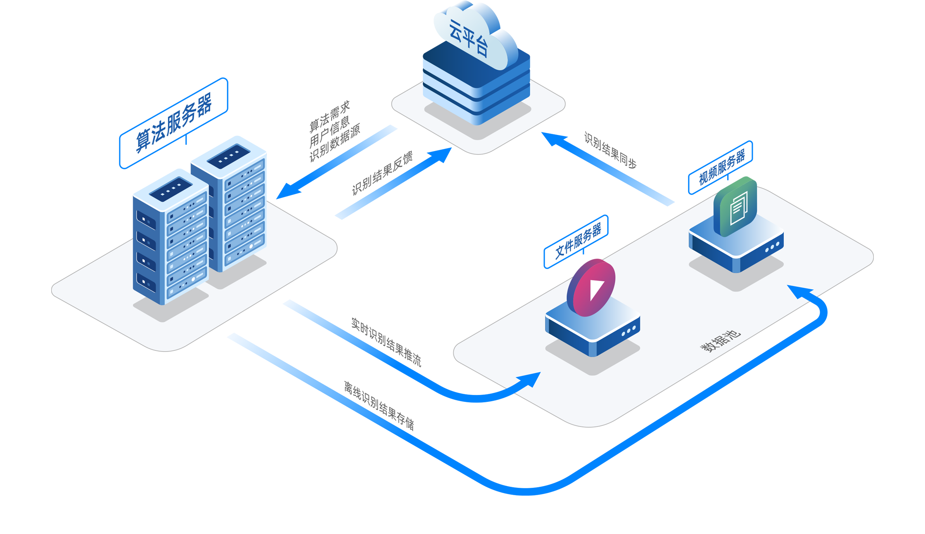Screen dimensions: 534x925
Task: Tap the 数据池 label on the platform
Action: click(720, 341)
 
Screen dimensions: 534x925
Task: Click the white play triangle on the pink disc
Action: click(596, 289)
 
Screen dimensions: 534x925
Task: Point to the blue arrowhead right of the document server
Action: click(801, 291)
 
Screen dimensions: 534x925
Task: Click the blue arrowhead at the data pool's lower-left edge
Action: click(528, 380)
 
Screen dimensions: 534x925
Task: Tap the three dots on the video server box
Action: click(629, 330)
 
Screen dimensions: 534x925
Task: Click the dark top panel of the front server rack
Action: click(171, 189)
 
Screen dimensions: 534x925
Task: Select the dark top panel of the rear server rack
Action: click(228, 156)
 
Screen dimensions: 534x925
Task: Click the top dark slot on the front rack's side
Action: click(146, 219)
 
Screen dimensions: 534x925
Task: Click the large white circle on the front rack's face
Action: click(193, 279)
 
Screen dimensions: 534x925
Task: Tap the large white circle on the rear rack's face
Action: click(251, 246)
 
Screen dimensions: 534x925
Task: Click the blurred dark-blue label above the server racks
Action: click(173, 123)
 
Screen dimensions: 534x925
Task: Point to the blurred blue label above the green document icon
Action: click(721, 167)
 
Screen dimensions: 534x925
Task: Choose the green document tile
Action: click(738, 204)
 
